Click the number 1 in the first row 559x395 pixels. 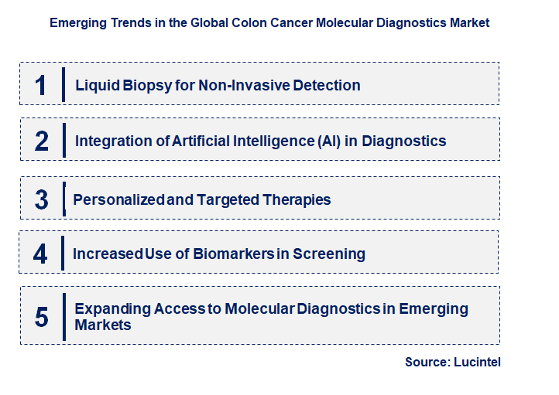coord(41,85)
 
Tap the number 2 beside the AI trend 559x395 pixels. coord(42,141)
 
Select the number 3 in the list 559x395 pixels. coord(42,199)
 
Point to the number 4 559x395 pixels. coord(40,254)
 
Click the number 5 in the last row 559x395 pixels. coord(42,317)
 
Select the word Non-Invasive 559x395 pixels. coord(244,85)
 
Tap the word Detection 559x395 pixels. coord(327,85)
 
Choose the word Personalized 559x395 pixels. coord(118,199)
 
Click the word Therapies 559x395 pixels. coord(297,199)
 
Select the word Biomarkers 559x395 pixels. coord(234,254)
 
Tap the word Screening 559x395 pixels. coord(329,254)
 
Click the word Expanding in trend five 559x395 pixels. coord(113,309)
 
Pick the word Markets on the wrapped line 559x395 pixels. coord(103,325)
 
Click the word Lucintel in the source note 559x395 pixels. coord(477,362)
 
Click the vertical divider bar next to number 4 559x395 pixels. coord(63,253)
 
